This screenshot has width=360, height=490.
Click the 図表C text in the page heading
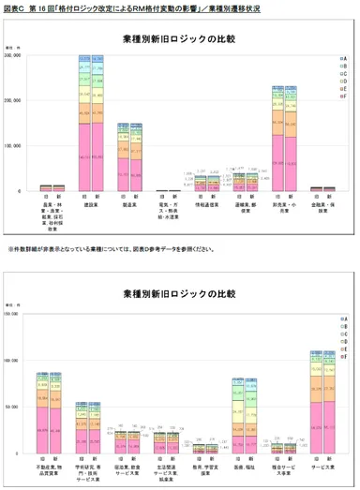[x=15, y=7]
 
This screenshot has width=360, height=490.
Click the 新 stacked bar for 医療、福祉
[x=250, y=417]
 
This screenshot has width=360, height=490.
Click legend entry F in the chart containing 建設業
[x=344, y=95]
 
